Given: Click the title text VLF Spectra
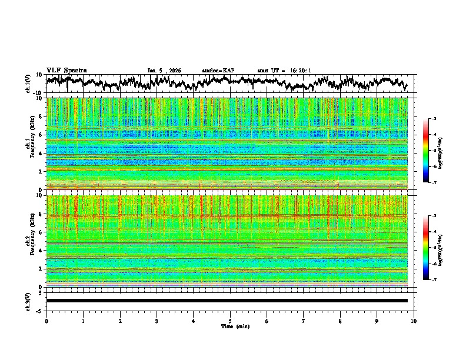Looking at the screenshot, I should [66, 71].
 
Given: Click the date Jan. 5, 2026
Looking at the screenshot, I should [164, 71].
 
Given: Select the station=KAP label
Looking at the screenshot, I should [218, 71].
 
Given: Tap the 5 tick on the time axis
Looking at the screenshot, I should [230, 321].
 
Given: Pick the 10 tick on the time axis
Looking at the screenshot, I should [414, 321].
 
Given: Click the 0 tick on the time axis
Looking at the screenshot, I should [46, 321].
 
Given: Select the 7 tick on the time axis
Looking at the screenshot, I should [304, 321].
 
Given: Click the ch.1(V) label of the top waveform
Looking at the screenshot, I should [28, 84].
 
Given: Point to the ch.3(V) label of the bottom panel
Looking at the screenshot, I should [28, 301].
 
